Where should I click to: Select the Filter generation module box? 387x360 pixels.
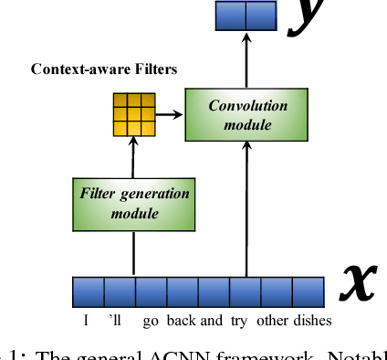coord(135,202)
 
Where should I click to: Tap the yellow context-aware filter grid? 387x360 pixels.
coord(133,114)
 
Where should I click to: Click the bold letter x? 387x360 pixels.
coord(357,282)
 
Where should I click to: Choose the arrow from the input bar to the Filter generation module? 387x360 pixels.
coord(134,251)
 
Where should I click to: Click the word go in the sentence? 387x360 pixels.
coord(150,320)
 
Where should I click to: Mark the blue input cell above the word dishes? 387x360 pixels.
coord(308,291)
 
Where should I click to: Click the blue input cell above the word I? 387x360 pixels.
coord(89,291)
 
